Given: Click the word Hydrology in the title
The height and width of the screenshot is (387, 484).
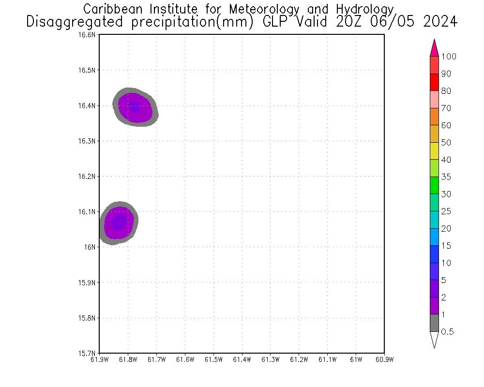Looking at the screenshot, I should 363,9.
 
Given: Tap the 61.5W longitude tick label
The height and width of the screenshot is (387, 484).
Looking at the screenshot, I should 213,359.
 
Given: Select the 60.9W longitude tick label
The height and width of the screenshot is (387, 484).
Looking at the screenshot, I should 384,359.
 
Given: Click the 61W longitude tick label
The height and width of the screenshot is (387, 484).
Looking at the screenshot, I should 356,359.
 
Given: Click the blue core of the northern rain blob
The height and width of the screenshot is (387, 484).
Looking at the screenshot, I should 135,107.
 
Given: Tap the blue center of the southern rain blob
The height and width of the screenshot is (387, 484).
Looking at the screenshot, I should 119,222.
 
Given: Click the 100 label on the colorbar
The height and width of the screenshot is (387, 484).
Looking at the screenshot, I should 449,57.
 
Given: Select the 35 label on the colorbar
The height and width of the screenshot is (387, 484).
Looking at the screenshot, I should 446,177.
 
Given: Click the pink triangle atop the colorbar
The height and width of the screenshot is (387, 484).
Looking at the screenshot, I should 434,49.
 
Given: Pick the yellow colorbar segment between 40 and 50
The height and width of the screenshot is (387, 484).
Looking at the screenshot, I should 434,151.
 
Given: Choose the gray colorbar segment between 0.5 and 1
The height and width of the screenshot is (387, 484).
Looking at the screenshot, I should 434,323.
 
